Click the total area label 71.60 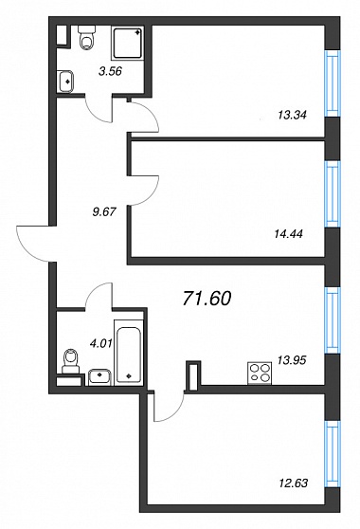[x=207, y=299]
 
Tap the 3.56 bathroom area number [x=110, y=71]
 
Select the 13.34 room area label [x=292, y=116]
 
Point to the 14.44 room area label [x=289, y=233]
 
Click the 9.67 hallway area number [x=104, y=211]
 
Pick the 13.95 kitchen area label [x=292, y=360]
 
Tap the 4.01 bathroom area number [x=100, y=344]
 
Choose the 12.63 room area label [x=294, y=483]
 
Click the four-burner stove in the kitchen [x=260, y=374]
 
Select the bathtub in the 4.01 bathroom [x=129, y=353]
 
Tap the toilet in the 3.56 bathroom [x=86, y=38]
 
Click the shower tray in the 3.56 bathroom [x=128, y=44]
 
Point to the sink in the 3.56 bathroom [x=66, y=82]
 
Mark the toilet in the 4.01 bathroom [x=71, y=361]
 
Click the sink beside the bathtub [x=99, y=377]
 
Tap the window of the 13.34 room [x=332, y=83]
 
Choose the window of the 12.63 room [x=332, y=454]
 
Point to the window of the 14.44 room [x=332, y=194]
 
